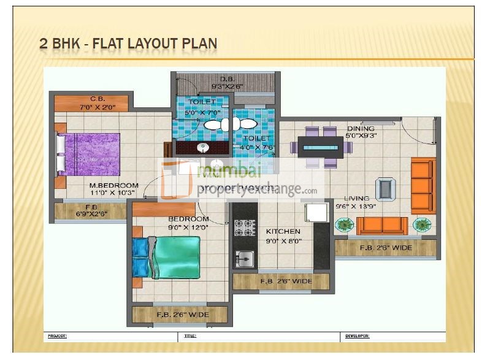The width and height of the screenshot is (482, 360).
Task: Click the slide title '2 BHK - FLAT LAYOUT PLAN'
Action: point(128,44)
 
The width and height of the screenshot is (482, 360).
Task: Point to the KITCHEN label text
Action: point(283,231)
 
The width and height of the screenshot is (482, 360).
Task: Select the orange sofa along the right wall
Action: point(423,185)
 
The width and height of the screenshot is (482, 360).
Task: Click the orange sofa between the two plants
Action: point(382,225)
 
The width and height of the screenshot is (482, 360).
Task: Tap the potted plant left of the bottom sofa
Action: point(345,225)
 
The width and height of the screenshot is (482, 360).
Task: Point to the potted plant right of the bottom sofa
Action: point(422,225)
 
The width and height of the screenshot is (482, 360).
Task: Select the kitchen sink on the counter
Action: point(243,258)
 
